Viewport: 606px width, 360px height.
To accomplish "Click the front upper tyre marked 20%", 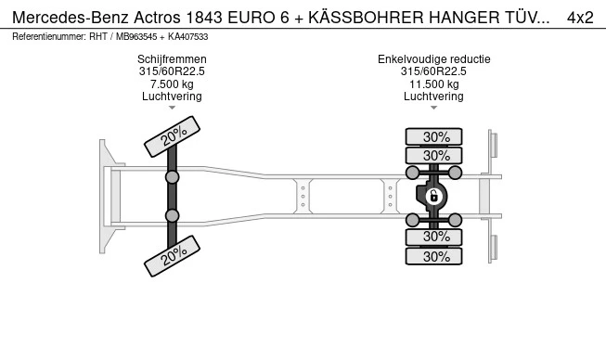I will [172, 136].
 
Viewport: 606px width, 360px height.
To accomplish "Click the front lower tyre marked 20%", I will [172, 255].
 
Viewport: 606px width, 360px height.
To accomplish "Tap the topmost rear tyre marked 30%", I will [436, 136].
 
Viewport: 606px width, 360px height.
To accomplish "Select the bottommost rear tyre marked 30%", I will [436, 257].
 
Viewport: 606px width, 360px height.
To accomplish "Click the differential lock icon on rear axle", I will [432, 195].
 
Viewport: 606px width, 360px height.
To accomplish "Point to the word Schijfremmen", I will [172, 59].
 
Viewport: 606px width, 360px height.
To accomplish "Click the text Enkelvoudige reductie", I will [433, 59].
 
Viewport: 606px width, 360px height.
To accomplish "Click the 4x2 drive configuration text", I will [580, 17].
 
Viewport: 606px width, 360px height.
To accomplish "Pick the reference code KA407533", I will [186, 36].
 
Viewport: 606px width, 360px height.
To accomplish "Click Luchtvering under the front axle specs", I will [172, 96].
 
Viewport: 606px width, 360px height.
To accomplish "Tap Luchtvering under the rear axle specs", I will [433, 96].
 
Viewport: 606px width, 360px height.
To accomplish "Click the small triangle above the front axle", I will [172, 108].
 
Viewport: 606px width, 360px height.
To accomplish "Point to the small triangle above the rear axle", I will [433, 108].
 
